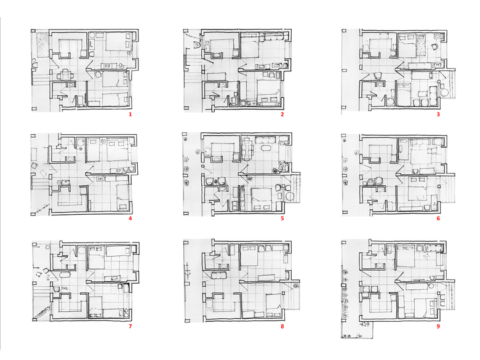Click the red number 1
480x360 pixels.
(x=130, y=114)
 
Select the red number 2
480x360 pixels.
(x=282, y=114)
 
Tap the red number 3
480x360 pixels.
(x=438, y=114)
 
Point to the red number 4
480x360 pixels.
(x=130, y=218)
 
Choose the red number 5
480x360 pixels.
(x=282, y=218)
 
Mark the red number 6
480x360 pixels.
(x=438, y=218)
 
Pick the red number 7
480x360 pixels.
(x=130, y=326)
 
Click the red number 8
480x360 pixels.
(x=282, y=326)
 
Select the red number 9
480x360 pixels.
(x=438, y=326)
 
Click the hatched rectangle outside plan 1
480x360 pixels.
(x=42, y=45)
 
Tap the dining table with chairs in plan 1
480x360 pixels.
(x=65, y=74)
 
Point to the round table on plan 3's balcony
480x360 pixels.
(x=444, y=92)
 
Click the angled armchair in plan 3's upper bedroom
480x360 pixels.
(x=434, y=46)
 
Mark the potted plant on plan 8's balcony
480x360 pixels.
(x=296, y=286)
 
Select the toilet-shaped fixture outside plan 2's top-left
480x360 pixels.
(x=196, y=46)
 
